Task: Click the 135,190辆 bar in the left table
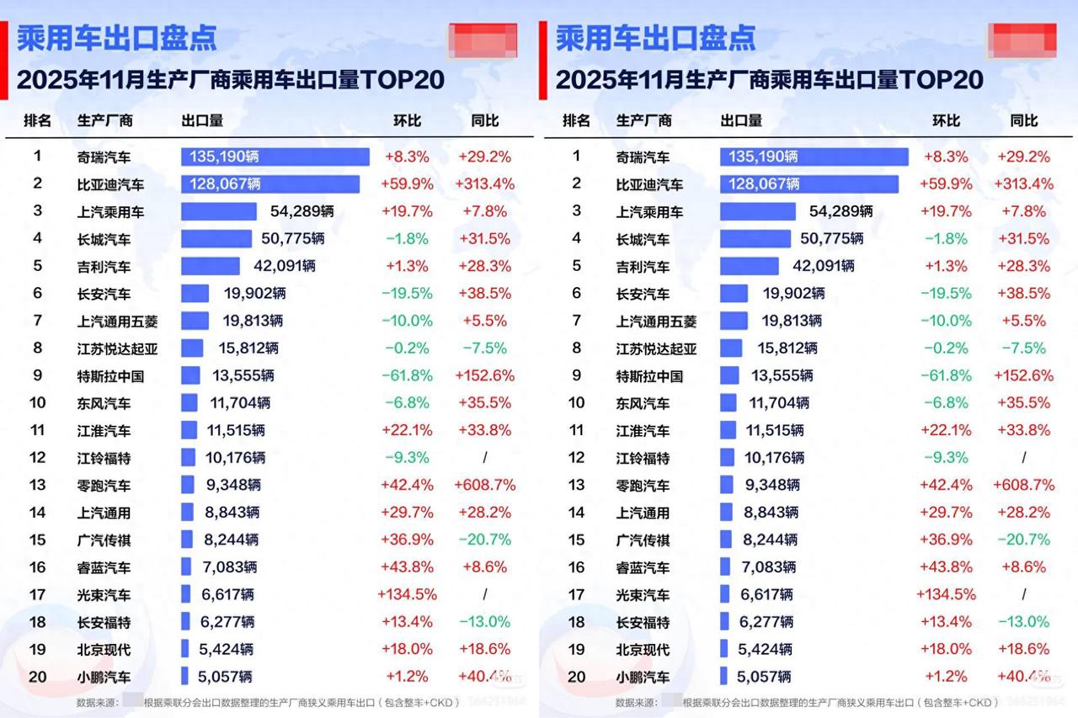coord(275,157)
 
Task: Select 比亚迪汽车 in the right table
coord(649,184)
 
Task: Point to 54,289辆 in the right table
coord(841,211)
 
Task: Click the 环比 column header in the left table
coord(407,120)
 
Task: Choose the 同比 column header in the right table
coord(1023,120)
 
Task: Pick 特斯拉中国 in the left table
coord(110,376)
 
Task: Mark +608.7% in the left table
coord(484,485)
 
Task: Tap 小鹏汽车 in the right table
coord(643,677)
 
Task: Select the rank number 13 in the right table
coord(577,485)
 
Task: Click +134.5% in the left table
coord(407,594)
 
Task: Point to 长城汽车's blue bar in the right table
coord(755,239)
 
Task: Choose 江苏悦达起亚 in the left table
coord(117,348)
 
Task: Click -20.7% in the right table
coord(1023,540)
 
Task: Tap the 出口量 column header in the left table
coord(202,120)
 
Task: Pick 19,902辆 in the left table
coord(254,294)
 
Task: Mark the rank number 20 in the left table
coord(38,677)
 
